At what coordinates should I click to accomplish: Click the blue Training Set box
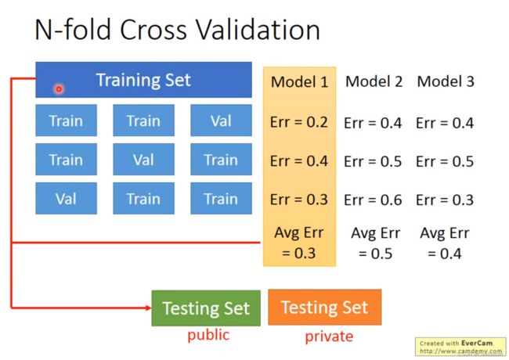tap(143, 80)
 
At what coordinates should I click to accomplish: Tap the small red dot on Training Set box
tap(59, 89)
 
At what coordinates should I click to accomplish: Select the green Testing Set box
tap(206, 308)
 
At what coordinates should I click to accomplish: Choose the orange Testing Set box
tap(325, 307)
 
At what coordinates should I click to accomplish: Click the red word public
tap(208, 335)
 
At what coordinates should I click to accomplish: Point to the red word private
tap(329, 337)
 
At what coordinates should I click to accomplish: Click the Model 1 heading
tap(299, 81)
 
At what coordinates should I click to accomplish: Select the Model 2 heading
tap(374, 81)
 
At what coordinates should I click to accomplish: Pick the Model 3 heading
tap(446, 81)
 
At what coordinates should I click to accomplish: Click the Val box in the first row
tap(221, 121)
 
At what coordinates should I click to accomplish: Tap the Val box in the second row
tap(143, 159)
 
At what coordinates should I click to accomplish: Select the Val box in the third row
tap(66, 198)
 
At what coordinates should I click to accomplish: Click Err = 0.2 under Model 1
tap(298, 122)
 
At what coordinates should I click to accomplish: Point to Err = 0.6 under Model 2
tap(373, 200)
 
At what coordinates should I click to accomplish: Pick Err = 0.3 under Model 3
tap(445, 200)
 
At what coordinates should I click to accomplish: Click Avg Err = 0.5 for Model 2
tap(375, 243)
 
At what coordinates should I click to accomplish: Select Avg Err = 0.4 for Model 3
tap(445, 243)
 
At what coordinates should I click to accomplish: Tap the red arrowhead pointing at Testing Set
tap(149, 308)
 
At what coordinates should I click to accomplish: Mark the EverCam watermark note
tap(460, 347)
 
